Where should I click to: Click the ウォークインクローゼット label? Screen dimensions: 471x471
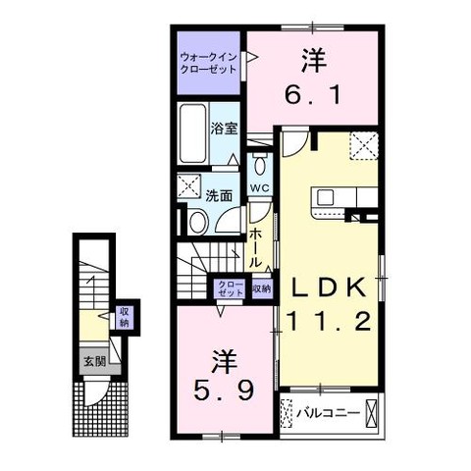point(209,64)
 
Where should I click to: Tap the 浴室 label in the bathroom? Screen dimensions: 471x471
point(224,129)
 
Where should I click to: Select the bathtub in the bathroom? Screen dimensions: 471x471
point(193,133)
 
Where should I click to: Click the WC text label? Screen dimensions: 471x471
point(260,188)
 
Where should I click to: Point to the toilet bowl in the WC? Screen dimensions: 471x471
point(260,164)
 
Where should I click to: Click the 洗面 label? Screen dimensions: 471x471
point(219,195)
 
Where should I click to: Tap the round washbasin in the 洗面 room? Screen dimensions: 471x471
point(199,222)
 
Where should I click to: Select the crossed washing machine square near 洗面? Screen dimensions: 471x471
point(188,185)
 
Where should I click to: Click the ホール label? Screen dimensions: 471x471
point(256,247)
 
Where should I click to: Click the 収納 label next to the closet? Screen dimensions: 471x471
point(262,288)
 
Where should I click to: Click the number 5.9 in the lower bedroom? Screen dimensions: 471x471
point(224,392)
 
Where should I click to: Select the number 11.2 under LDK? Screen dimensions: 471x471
point(330,321)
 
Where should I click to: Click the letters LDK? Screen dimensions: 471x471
point(329,287)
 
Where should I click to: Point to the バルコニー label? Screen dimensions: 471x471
point(328,413)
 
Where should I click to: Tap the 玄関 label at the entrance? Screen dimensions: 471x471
point(94,362)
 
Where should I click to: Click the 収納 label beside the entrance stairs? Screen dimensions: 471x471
point(125,317)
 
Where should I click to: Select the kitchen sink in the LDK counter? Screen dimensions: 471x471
point(326,197)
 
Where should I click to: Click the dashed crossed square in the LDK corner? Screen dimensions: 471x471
point(364,146)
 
